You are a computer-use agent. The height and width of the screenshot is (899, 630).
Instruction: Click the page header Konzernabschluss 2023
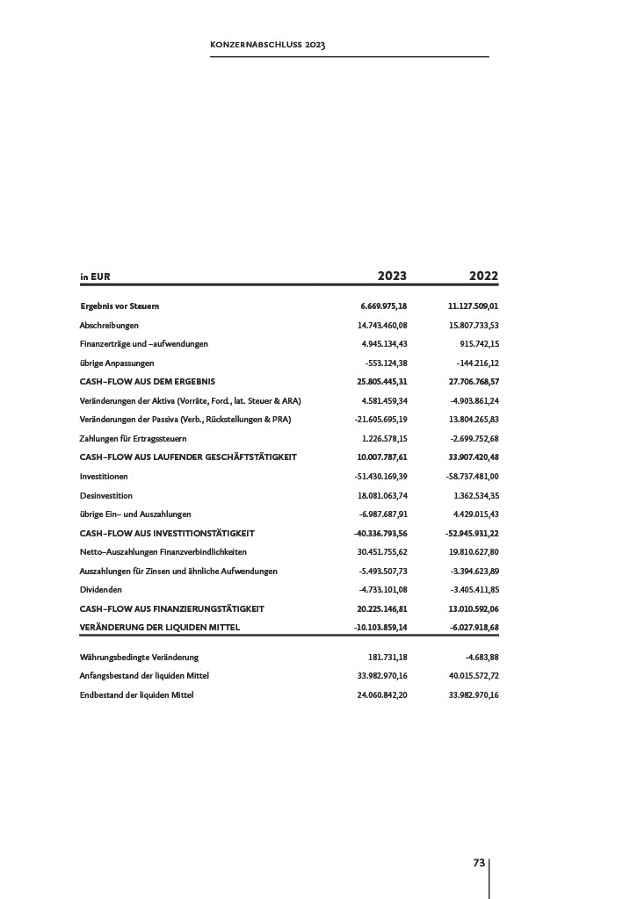coord(267,44)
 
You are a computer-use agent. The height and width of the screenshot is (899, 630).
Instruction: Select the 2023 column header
coord(392,276)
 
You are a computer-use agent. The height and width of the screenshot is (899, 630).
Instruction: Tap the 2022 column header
coord(483,276)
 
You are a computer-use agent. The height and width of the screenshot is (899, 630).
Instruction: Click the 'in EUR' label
coord(95,277)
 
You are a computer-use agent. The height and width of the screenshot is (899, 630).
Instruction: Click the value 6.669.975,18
coord(384,306)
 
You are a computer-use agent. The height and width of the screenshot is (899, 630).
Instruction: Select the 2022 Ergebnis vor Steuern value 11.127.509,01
coord(473,306)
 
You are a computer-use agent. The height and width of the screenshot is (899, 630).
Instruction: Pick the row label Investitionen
coord(104,477)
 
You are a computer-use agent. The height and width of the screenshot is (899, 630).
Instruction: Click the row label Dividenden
coord(101,590)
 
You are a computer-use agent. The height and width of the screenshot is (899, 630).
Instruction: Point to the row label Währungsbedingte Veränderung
coord(139,658)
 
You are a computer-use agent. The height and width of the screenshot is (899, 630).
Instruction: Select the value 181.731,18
coord(387,658)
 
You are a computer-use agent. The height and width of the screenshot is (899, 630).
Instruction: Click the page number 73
coord(479,863)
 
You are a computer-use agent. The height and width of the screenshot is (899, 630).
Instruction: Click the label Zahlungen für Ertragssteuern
coord(133,438)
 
